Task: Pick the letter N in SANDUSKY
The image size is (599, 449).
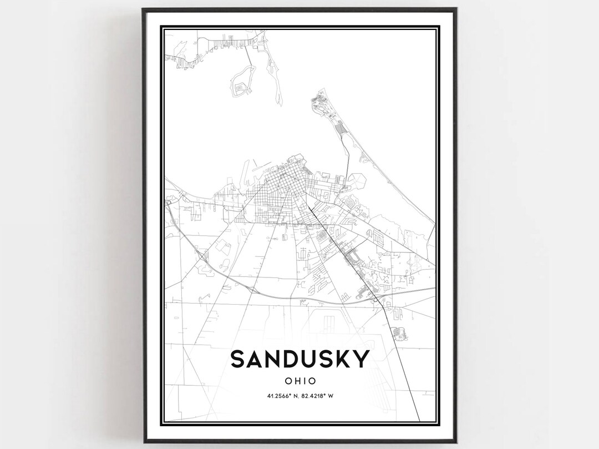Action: [x=270, y=359]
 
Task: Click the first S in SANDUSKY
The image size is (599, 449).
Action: [x=237, y=359]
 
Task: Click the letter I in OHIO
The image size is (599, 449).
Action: [x=306, y=381]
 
